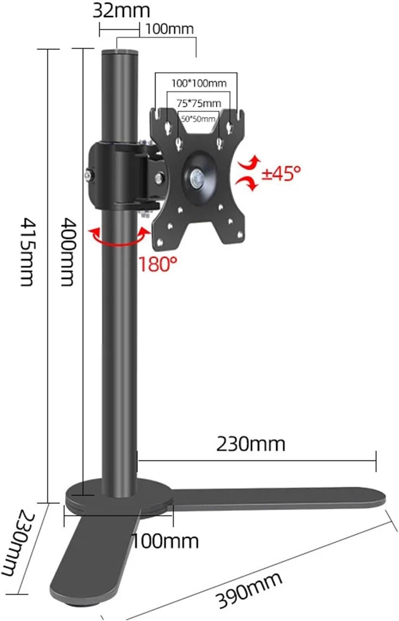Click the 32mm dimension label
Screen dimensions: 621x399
121,10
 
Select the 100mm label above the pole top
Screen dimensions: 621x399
170,29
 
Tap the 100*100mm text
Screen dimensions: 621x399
199,83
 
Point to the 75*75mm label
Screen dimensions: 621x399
199,103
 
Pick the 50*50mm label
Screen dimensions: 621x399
198,119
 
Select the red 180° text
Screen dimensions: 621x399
158,264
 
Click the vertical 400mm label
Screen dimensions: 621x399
67,251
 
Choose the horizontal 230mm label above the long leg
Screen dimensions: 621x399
251,444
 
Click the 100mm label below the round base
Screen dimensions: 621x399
165,541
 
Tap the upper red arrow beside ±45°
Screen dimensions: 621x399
250,162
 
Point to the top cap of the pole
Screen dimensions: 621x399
119,52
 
